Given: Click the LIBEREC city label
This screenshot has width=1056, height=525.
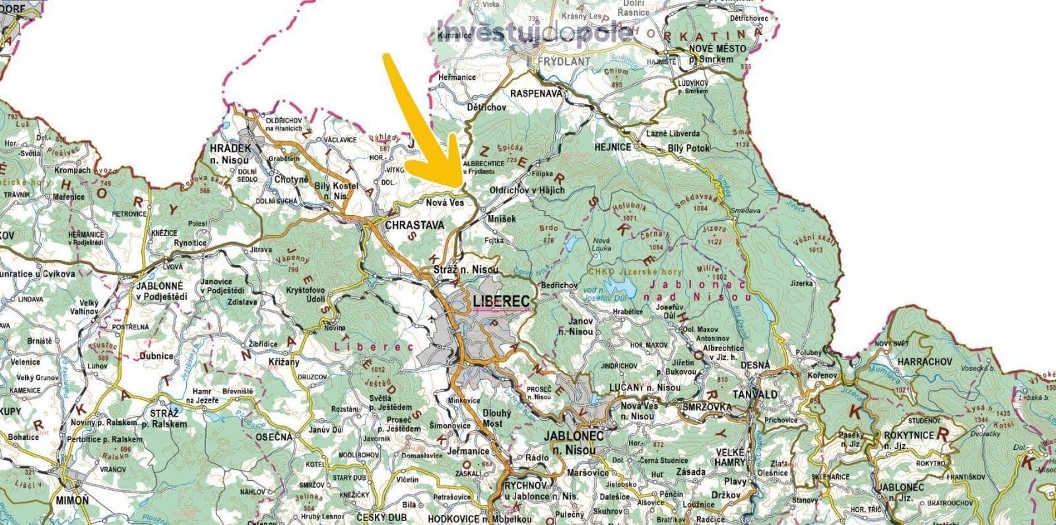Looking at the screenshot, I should coord(502,301).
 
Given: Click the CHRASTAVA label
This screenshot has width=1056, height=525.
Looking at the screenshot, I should coord(414,225).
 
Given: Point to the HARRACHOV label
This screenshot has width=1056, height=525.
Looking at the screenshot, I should coord(923,362).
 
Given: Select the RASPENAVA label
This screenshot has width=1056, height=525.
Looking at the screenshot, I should coord(536,93).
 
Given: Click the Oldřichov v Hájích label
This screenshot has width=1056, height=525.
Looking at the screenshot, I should coord(527,190).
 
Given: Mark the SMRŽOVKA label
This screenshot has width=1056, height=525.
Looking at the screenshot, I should coord(708,407).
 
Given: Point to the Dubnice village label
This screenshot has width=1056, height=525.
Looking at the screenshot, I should coord(156,356).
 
